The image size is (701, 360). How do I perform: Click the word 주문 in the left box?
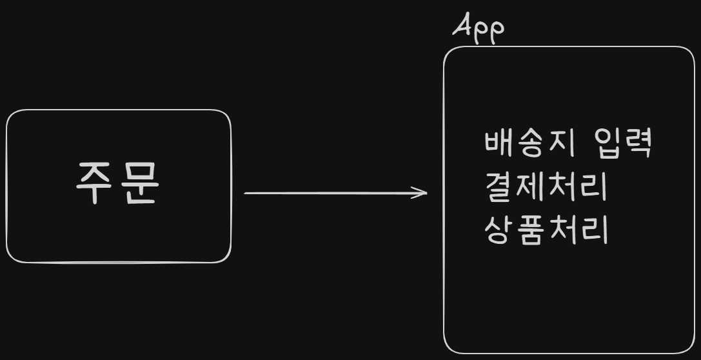tap(117, 183)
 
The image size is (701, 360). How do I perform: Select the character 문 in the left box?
tap(139, 183)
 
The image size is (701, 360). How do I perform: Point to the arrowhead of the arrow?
tap(422, 192)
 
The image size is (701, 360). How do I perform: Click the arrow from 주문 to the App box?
tap(335, 192)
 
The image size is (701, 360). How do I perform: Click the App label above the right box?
tap(478, 28)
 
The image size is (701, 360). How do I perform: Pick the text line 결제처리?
tap(546, 187)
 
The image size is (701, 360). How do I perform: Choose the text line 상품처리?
tap(546, 230)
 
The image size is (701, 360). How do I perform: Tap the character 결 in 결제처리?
tap(498, 187)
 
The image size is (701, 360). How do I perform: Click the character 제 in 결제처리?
tap(529, 187)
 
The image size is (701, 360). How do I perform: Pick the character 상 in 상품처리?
tap(498, 230)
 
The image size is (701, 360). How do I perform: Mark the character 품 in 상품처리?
tap(529, 230)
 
